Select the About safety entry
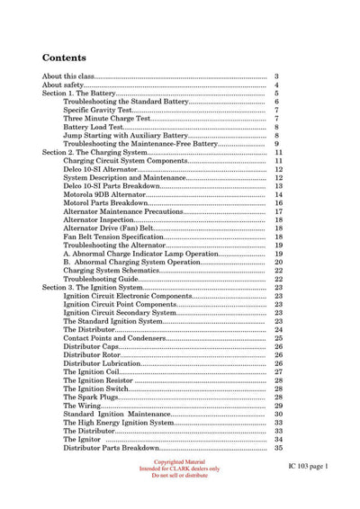[67, 86]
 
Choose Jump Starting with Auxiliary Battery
[126, 135]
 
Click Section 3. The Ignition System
[93, 287]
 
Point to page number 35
[278, 447]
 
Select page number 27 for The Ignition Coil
[278, 371]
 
